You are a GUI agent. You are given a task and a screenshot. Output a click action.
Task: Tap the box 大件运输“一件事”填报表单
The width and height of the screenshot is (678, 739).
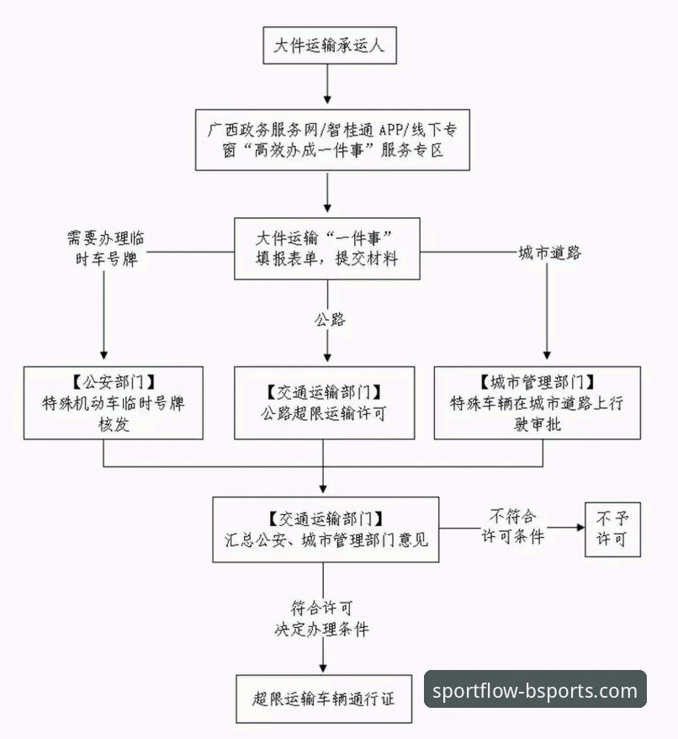pyautogui.click(x=327, y=250)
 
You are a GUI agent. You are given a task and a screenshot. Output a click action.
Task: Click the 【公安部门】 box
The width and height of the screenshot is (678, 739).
pyautogui.click(x=113, y=402)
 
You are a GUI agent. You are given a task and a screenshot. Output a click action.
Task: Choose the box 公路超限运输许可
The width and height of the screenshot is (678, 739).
pyautogui.click(x=324, y=402)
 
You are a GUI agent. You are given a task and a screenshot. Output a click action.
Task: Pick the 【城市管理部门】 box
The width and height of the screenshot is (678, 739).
pyautogui.click(x=537, y=402)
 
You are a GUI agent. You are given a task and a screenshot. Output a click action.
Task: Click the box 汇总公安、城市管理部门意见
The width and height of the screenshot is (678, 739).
pyautogui.click(x=326, y=529)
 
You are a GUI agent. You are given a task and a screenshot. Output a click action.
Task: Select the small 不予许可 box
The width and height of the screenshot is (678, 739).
pyautogui.click(x=612, y=528)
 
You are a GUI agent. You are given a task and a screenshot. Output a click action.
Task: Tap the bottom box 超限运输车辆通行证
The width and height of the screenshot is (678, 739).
pyautogui.click(x=324, y=699)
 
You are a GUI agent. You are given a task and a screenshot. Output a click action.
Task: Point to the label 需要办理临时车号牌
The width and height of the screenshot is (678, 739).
pyautogui.click(x=104, y=247)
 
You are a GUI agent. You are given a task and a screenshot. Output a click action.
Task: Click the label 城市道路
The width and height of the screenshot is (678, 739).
pyautogui.click(x=548, y=252)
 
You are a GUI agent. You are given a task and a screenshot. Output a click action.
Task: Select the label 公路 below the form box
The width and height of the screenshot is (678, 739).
pyautogui.click(x=328, y=319)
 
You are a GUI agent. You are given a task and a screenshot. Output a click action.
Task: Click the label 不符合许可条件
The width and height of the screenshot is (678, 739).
pyautogui.click(x=512, y=525)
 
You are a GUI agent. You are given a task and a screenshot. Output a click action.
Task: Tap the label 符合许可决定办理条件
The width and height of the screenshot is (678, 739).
pyautogui.click(x=321, y=618)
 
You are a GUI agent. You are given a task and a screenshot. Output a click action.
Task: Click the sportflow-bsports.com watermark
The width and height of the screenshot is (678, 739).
pyautogui.click(x=534, y=690)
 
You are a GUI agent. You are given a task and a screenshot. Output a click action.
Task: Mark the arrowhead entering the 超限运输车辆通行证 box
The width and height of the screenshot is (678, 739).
pyautogui.click(x=324, y=668)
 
